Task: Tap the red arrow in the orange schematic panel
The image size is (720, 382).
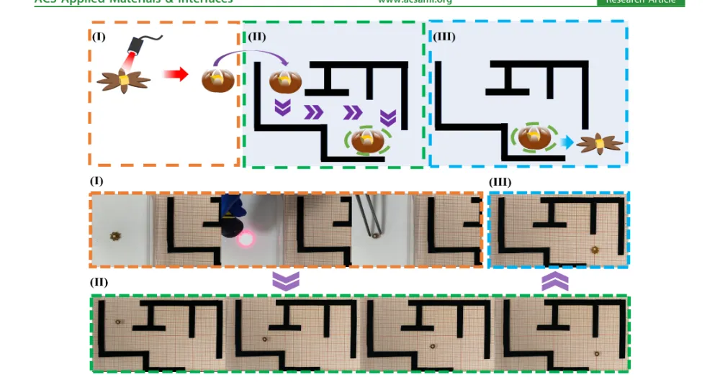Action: [175, 75]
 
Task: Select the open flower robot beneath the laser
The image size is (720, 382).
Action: [124, 81]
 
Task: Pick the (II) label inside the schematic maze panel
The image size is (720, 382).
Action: [257, 37]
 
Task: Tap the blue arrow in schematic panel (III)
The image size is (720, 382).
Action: [567, 142]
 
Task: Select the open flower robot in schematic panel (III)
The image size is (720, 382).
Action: [599, 144]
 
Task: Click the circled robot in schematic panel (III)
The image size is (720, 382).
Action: [534, 138]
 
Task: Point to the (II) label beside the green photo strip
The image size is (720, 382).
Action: [99, 282]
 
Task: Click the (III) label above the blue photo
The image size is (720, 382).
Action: [500, 182]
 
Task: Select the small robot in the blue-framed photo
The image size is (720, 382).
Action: [595, 250]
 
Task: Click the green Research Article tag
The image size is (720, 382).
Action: [640, 2]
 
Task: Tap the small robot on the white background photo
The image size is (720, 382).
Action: [114, 235]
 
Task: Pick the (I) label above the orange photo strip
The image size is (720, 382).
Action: [96, 181]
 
